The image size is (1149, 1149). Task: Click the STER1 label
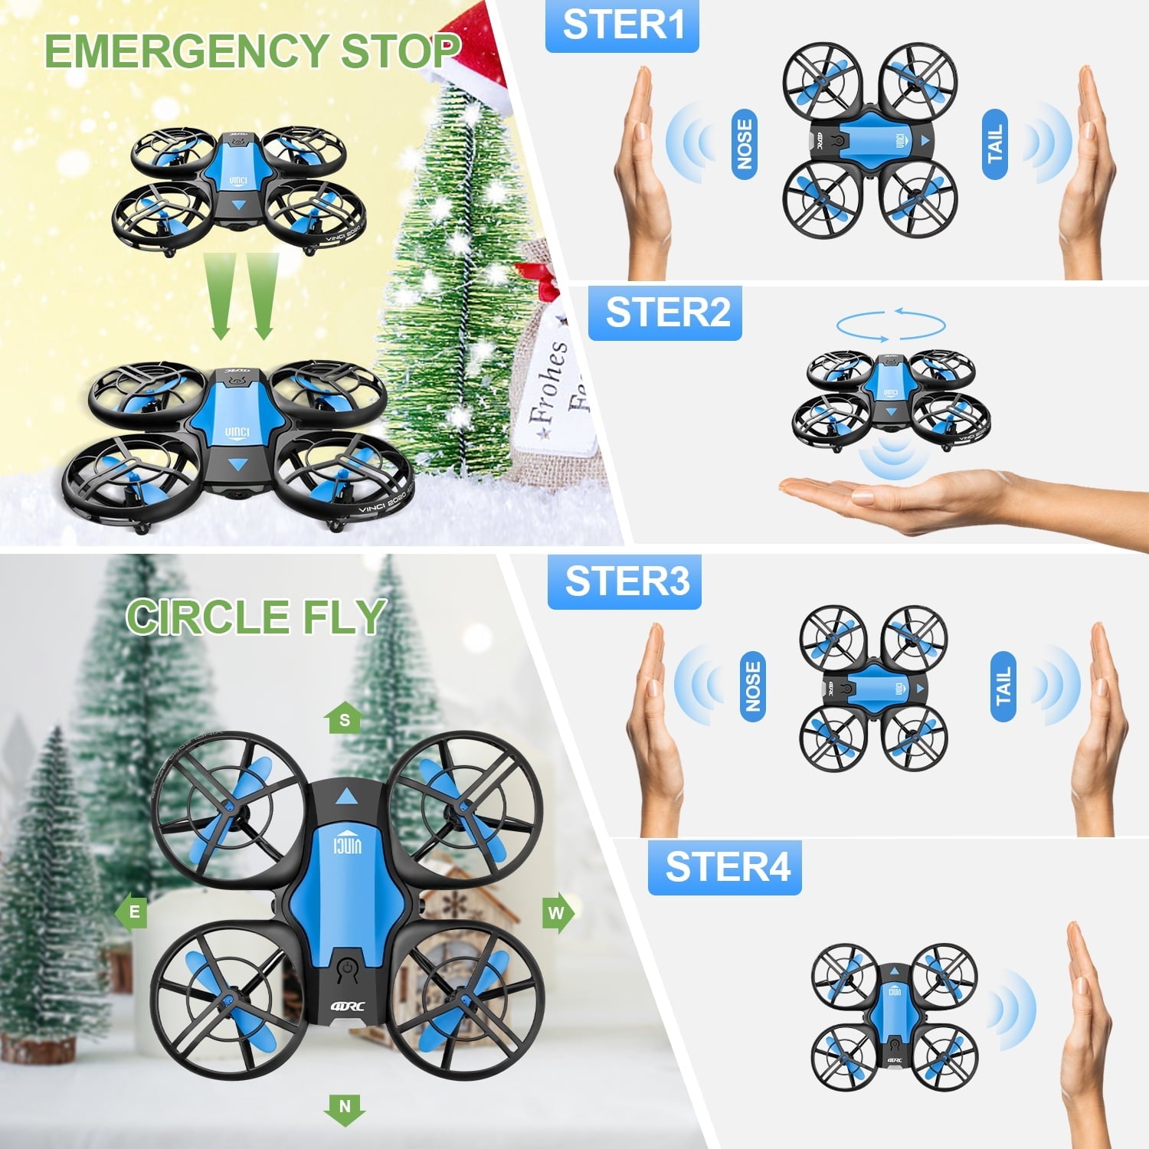(x=622, y=25)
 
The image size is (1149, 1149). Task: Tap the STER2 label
(x=665, y=313)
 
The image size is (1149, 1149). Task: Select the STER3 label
(x=624, y=581)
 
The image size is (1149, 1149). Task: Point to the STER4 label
(x=725, y=867)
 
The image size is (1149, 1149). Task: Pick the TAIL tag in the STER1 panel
(x=994, y=144)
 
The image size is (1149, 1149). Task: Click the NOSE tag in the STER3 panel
(x=753, y=686)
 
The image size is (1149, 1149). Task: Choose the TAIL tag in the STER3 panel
(x=1003, y=686)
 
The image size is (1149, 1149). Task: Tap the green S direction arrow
(x=344, y=719)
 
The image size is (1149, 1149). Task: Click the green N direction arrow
(x=344, y=1108)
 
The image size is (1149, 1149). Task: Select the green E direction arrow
(x=132, y=912)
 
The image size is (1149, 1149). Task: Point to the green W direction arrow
(x=558, y=912)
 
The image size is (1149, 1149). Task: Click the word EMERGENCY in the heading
(x=187, y=52)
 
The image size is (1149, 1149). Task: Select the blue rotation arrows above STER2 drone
(x=891, y=325)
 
